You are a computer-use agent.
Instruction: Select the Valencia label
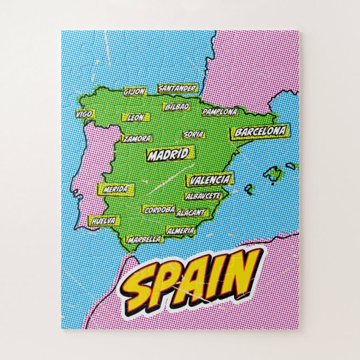(209, 180)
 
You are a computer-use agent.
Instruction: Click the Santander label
(177, 88)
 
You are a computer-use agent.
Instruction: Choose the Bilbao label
(177, 106)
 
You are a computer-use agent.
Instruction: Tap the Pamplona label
(220, 112)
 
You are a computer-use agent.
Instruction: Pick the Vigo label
(84, 114)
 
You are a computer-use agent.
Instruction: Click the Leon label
(136, 118)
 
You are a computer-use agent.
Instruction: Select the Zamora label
(137, 138)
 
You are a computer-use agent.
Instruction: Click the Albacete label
(203, 196)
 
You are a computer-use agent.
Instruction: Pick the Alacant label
(192, 213)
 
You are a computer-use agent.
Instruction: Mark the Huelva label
(103, 221)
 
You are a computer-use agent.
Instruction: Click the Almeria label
(181, 230)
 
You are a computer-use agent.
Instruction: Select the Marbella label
(144, 239)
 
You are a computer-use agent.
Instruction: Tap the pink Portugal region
(96, 168)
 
